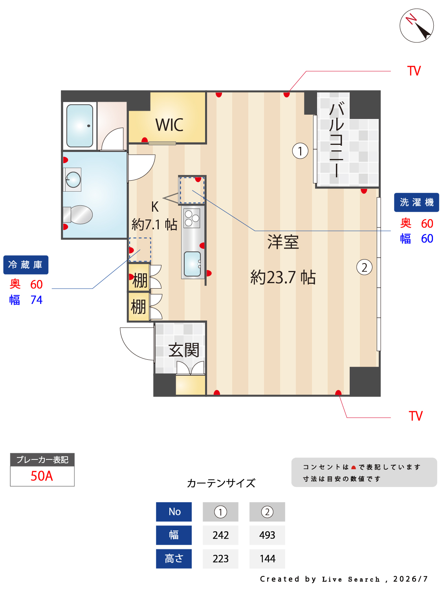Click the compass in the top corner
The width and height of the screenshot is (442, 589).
click(x=416, y=26)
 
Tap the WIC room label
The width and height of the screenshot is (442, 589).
click(x=169, y=125)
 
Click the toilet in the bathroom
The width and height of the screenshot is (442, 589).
click(x=78, y=214)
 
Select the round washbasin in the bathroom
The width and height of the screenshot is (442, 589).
click(x=73, y=179)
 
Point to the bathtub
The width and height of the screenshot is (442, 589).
click(x=80, y=126)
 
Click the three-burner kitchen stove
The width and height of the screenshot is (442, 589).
click(x=192, y=218)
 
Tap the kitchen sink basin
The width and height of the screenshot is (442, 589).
click(x=192, y=264)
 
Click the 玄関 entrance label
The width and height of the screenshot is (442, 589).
click(x=183, y=349)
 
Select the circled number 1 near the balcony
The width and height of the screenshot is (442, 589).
click(x=300, y=151)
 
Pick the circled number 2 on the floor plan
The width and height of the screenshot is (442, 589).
click(x=364, y=267)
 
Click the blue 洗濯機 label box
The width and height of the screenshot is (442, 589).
click(x=416, y=202)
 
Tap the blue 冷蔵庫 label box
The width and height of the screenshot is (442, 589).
click(x=26, y=265)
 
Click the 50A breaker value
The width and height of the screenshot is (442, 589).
click(x=42, y=476)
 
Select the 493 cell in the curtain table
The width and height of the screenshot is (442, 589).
click(x=267, y=535)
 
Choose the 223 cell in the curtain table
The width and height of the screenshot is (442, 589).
click(x=220, y=558)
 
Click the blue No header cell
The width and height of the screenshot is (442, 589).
click(x=174, y=512)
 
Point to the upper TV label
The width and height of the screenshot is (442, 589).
click(x=414, y=71)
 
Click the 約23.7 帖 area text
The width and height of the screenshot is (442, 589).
click(x=283, y=277)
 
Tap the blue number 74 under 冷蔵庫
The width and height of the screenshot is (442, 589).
click(x=37, y=300)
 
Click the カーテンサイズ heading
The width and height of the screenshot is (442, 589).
click(x=221, y=483)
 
